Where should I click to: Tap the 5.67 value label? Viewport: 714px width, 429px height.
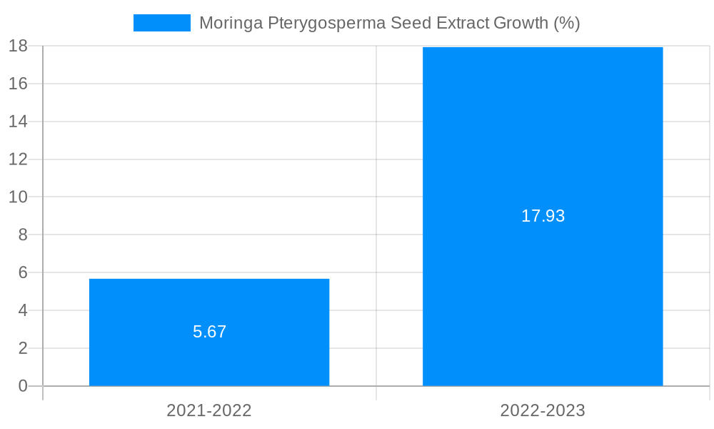click(x=209, y=332)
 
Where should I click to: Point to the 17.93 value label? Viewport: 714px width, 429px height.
click(x=543, y=216)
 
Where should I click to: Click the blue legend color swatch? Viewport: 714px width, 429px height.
click(x=162, y=23)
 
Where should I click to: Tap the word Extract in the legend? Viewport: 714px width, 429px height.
click(x=459, y=23)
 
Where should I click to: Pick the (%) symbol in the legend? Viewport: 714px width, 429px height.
click(x=567, y=23)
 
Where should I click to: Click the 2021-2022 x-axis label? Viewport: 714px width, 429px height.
click(x=209, y=410)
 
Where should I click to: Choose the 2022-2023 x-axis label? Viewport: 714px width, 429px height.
click(x=543, y=410)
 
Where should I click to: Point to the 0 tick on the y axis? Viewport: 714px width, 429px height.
click(x=22, y=386)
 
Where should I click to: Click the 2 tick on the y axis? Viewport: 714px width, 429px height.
click(x=22, y=348)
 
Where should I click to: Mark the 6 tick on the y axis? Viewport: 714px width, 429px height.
click(x=22, y=272)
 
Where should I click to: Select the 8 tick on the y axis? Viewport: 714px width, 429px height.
click(x=22, y=235)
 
